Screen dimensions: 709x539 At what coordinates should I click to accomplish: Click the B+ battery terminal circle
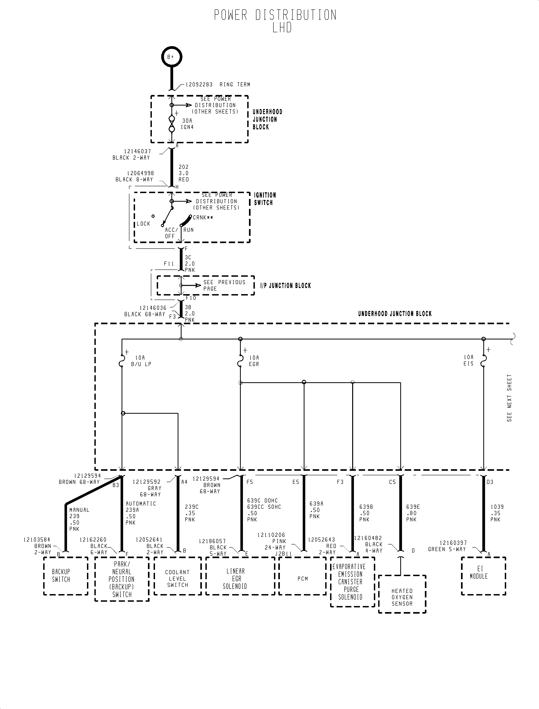pyautogui.click(x=171, y=57)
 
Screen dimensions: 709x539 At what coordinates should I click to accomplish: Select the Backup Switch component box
pyautogui.click(x=65, y=576)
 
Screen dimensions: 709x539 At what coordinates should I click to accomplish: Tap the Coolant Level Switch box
pyautogui.click(x=177, y=576)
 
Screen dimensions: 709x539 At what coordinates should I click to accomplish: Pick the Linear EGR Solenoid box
pyautogui.click(x=240, y=576)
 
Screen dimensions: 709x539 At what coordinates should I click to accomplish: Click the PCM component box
pyautogui.click(x=303, y=576)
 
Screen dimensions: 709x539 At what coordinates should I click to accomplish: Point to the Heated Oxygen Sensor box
pyautogui.click(x=402, y=594)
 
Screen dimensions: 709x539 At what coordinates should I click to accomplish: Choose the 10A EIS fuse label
pyautogui.click(x=468, y=360)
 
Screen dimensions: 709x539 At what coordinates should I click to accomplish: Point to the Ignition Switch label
pyautogui.click(x=265, y=199)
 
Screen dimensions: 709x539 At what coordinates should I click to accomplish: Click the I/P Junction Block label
pyautogui.click(x=286, y=286)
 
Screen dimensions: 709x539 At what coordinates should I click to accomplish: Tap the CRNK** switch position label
pyautogui.click(x=203, y=218)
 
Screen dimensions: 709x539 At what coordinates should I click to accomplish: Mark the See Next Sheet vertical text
pyautogui.click(x=509, y=398)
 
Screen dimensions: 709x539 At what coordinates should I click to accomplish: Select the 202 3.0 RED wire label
pyautogui.click(x=184, y=173)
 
